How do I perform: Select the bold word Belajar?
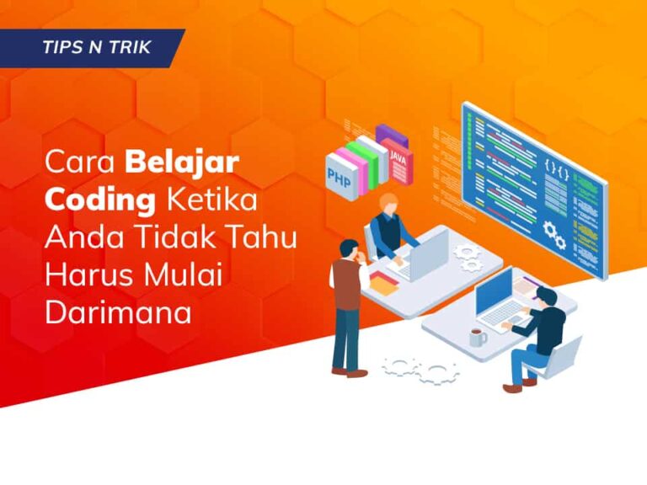(182, 163)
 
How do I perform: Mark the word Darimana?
(118, 312)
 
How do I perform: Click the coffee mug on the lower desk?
(478, 338)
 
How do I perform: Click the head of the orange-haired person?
(388, 204)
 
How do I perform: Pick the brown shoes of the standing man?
(348, 370)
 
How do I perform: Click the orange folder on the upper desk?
(383, 286)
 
